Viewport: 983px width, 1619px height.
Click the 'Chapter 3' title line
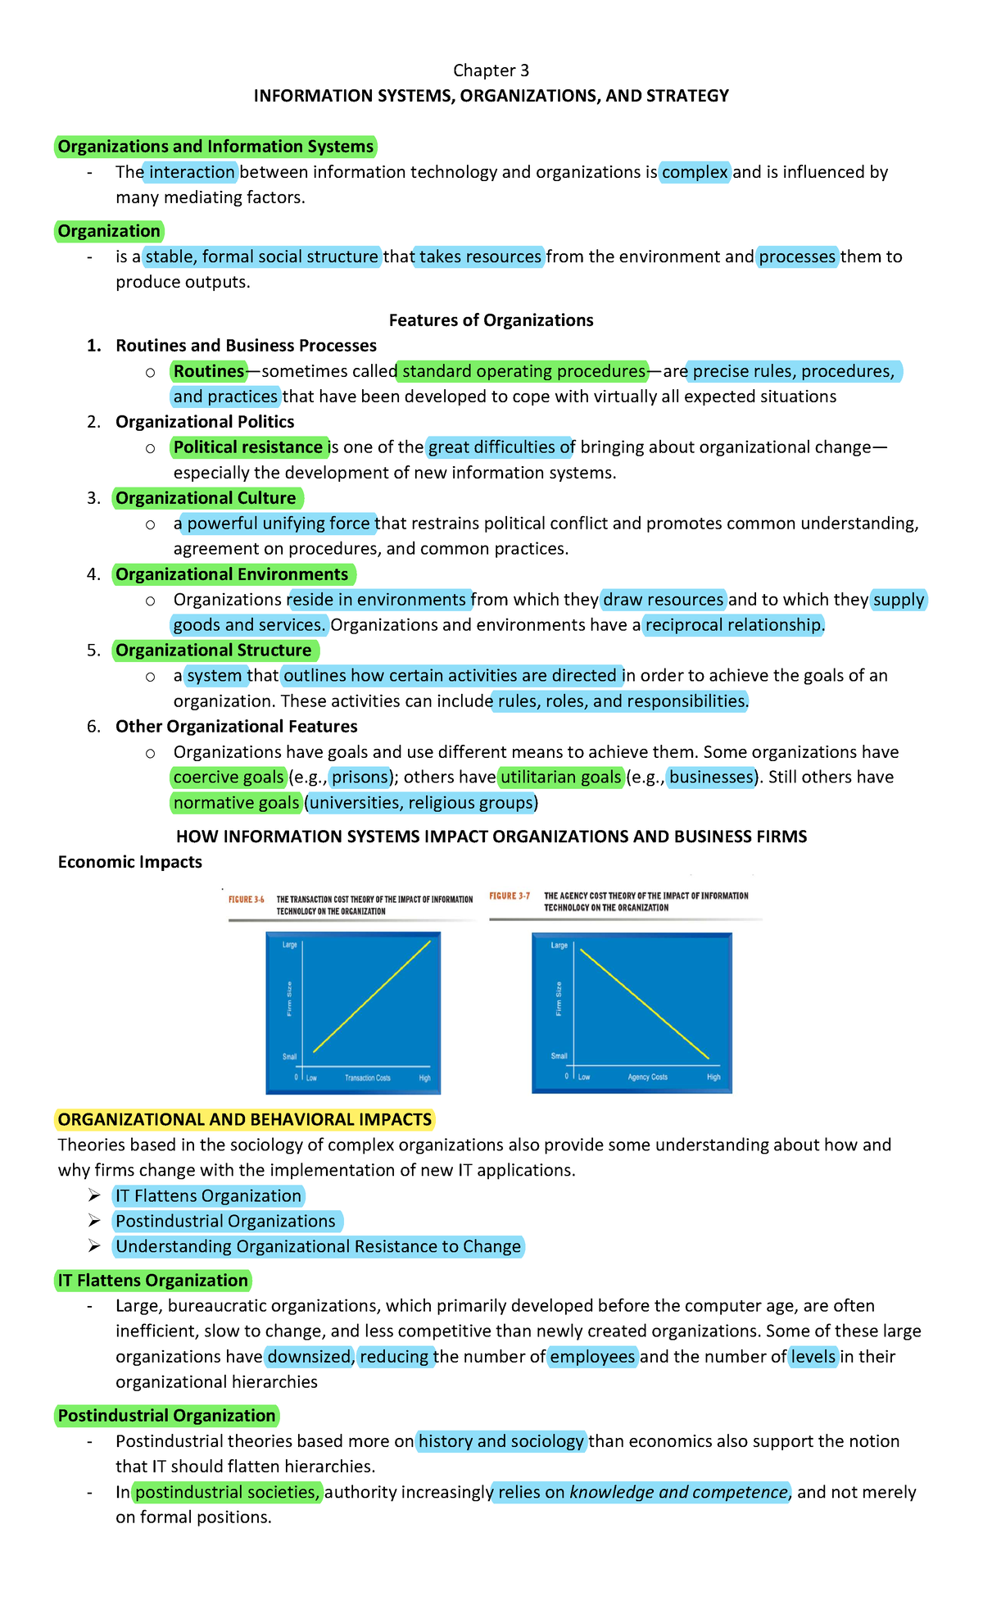pos(491,70)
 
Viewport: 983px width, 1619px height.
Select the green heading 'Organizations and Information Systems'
pos(215,147)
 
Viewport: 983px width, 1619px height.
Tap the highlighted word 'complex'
pos(695,172)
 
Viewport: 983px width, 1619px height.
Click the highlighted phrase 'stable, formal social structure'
pos(262,256)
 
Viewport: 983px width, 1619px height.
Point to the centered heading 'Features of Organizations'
pos(491,320)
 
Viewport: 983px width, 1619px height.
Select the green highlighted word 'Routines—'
pos(210,371)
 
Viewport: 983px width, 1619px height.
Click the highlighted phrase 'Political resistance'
pos(248,447)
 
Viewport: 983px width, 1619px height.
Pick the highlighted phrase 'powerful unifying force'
pos(279,524)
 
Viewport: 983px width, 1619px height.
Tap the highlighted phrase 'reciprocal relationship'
pos(733,625)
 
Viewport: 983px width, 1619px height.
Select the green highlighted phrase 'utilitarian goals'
pos(561,777)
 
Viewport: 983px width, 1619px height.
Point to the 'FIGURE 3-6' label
pos(246,900)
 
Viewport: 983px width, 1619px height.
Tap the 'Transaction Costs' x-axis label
pos(367,1078)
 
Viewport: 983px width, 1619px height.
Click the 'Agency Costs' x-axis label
pos(647,1077)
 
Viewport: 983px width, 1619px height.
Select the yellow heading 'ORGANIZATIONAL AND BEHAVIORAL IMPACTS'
pos(244,1120)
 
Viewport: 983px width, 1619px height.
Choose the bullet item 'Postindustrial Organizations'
pos(225,1222)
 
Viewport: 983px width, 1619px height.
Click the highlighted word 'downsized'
pos(309,1357)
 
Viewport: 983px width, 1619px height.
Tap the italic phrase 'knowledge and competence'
pos(678,1492)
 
